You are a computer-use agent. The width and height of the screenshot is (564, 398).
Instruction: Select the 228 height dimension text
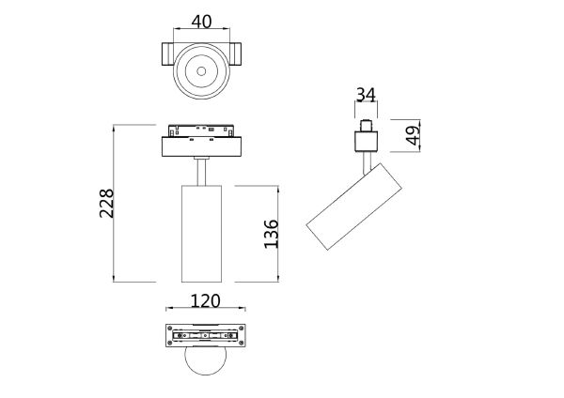106,203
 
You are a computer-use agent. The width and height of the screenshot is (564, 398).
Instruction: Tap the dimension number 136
271,233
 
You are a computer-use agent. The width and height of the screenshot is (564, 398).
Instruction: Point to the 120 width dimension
205,301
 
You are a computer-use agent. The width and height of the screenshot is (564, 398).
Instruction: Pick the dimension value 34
367,95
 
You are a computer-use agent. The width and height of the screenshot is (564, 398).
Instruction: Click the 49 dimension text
411,136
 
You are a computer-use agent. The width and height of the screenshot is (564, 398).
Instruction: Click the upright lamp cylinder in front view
199,233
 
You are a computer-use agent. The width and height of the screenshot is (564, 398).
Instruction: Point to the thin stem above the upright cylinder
199,171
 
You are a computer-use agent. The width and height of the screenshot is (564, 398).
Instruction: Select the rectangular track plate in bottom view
204,335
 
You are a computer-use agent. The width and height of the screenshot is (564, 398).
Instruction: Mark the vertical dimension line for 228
115,203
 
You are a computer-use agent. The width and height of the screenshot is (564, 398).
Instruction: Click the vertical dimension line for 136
279,233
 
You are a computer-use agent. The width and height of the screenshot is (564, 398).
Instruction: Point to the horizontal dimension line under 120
205,310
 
